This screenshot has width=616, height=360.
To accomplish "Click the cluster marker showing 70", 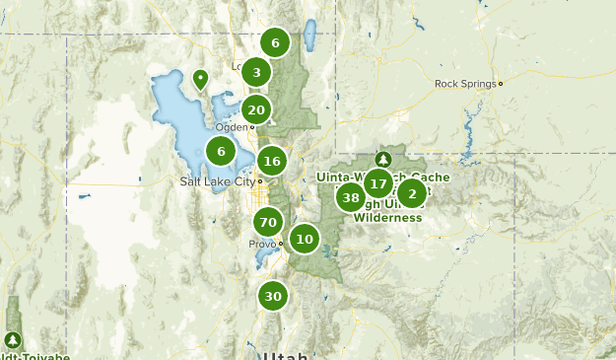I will coord(266,222).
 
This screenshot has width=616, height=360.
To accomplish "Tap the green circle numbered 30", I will coord(273,296).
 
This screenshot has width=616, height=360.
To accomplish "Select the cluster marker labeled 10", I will coord(305,238).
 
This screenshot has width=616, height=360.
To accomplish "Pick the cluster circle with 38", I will coord(350,197).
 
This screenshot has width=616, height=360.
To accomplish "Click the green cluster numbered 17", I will coord(377,182).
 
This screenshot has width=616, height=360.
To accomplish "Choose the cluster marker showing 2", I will coord(412,193).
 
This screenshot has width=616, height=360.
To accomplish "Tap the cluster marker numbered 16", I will coord(272,161).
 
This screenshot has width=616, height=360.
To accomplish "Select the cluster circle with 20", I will coord(256,109).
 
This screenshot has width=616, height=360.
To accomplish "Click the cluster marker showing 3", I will coord(256,72).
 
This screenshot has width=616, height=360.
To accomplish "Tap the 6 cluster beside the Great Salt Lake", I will coord(221,151).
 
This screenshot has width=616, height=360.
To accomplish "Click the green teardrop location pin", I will coord(201,79).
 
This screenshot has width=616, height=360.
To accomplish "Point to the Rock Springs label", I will coord(465,84).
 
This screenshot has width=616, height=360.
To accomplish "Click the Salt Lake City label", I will coord(217,181).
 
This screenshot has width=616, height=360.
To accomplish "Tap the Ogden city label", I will coord(233,126).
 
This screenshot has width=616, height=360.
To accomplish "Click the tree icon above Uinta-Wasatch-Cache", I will coord(382,159).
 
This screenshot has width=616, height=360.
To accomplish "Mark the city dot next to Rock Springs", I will coord(501,84).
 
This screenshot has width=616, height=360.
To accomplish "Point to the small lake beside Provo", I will coord(264,257).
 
